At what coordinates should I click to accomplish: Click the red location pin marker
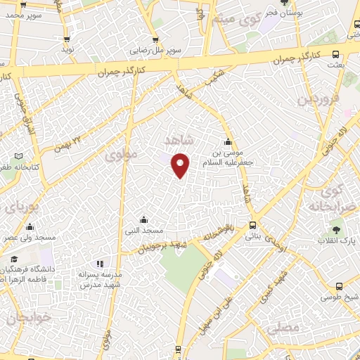[181, 165]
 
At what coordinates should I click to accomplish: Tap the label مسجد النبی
[144, 231]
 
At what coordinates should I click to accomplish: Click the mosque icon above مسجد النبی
[144, 219]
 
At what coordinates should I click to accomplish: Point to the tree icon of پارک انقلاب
[337, 229]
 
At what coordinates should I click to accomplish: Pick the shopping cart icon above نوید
[67, 39]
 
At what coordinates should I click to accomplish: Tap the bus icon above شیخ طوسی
[340, 286]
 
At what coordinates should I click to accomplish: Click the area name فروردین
[314, 98]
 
